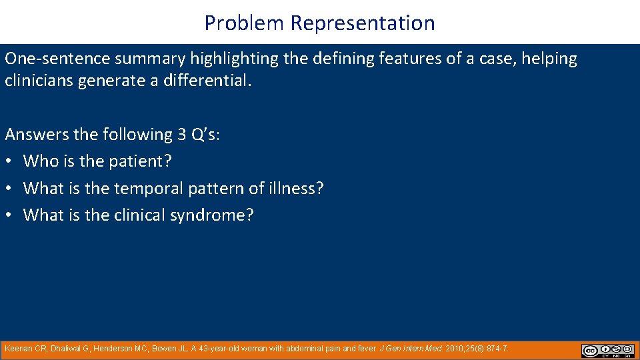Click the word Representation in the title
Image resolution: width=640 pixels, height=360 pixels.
(x=363, y=23)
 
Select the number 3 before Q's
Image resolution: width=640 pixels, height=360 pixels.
(x=181, y=135)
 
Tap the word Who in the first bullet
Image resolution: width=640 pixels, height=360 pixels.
(x=39, y=161)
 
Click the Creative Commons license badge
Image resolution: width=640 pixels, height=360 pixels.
(x=607, y=351)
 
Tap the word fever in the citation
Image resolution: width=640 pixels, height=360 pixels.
(x=365, y=349)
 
